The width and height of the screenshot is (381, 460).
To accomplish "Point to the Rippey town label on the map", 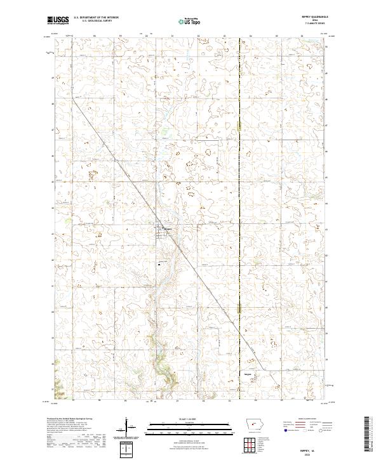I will coord(169,229).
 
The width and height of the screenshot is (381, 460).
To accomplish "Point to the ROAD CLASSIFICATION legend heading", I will coord(306,419).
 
